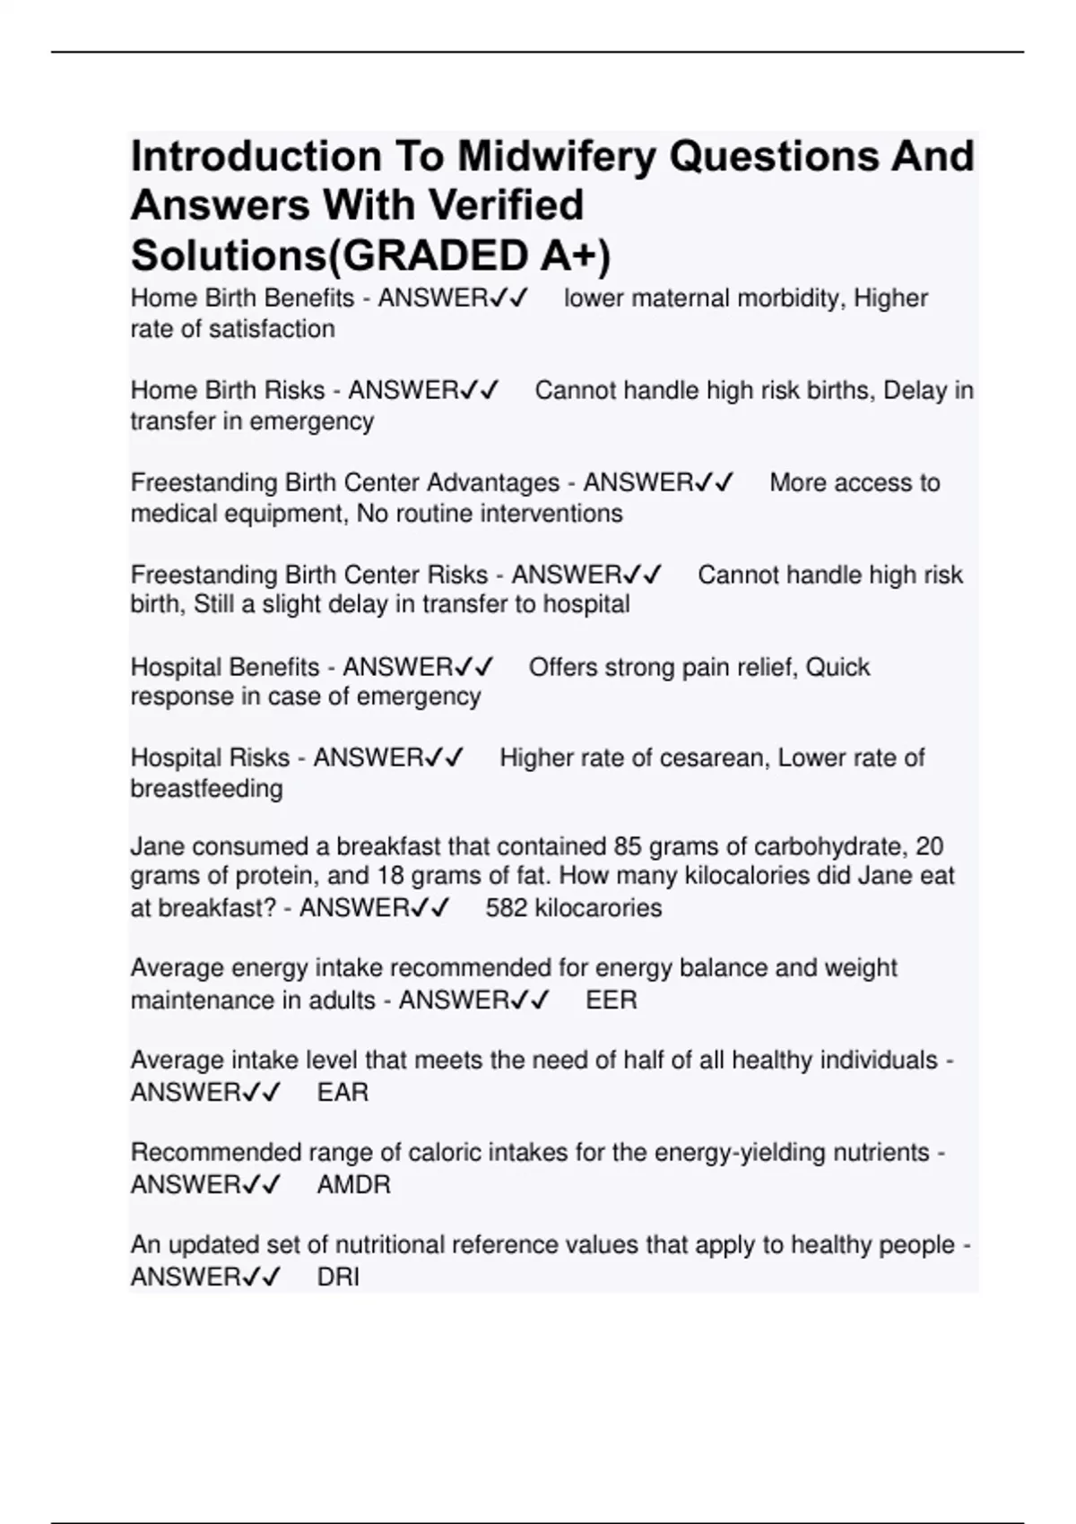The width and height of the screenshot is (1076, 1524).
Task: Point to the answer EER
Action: point(611,1000)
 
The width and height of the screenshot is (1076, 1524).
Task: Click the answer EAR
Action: point(343,1093)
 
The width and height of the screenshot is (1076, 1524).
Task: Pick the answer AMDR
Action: point(353,1185)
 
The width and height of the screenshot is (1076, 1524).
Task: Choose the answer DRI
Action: point(338,1277)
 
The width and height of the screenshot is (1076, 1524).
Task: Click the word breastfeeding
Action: point(206,789)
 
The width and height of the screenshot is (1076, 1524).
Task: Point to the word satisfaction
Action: point(272,329)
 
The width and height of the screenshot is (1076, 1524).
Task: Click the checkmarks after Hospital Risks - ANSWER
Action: point(444,758)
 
